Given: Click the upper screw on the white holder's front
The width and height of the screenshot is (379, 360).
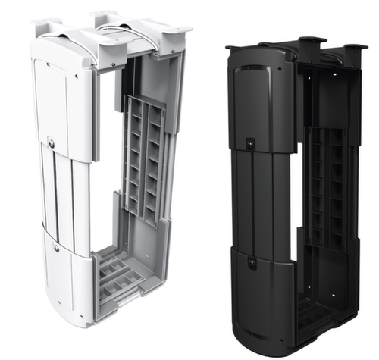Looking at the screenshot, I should click(x=51, y=142).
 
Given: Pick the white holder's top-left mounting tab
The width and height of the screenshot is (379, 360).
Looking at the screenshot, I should click(x=48, y=23).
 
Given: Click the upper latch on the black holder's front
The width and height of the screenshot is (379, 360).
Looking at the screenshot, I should click(x=250, y=142).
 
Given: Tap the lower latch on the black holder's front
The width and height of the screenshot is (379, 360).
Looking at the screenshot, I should click(x=252, y=261).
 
